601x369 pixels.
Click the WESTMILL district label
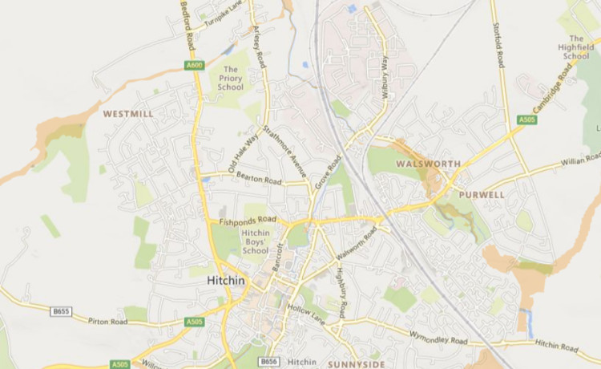click(128, 115)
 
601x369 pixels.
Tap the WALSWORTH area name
click(429, 164)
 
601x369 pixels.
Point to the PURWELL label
click(482, 194)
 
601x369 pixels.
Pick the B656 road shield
click(268, 362)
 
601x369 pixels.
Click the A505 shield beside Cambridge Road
click(526, 120)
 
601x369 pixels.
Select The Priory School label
click(230, 83)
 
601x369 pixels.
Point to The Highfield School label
click(575, 47)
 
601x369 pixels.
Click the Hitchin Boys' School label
click(255, 241)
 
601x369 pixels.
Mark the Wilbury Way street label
click(385, 76)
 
